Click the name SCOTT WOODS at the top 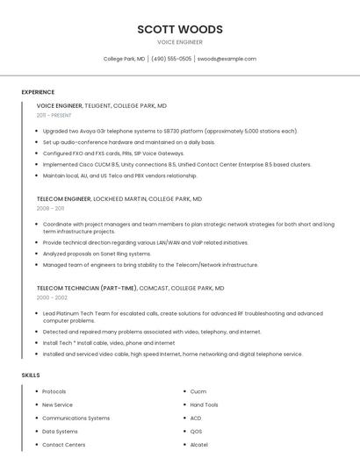point(179,29)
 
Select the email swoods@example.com point(227,59)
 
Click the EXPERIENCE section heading point(38,92)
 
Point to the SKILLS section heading point(31,375)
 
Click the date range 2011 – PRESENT point(54,115)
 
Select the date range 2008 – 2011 point(50,209)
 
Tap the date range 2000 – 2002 point(51,297)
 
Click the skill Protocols point(54,391)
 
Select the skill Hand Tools point(204,404)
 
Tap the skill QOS point(196,431)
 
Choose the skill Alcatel point(198,444)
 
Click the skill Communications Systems point(76,418)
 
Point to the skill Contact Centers point(63,444)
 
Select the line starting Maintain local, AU point(119,175)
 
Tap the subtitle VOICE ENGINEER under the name point(179,42)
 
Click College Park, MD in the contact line point(124,59)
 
